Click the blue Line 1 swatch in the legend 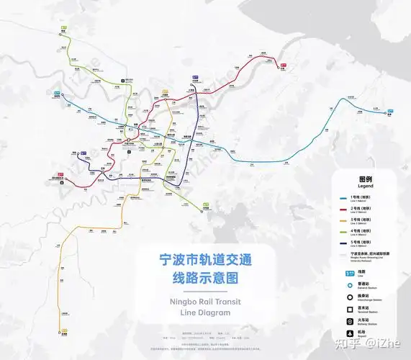pos(344,198)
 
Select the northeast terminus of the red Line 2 pos(281,67)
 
